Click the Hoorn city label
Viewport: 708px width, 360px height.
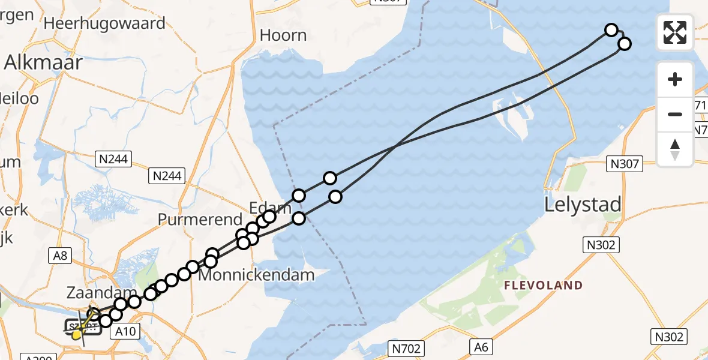(283, 35)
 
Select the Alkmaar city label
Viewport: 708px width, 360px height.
(43, 62)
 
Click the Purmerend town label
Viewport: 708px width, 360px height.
(199, 220)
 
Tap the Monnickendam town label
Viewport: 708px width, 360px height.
(256, 275)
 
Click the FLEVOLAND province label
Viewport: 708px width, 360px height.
(544, 286)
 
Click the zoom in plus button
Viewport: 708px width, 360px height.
(675, 79)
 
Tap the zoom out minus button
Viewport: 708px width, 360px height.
(675, 114)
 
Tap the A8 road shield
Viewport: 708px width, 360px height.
(61, 256)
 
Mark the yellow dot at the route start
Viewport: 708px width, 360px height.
(76, 335)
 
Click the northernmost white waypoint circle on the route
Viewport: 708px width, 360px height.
(611, 30)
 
